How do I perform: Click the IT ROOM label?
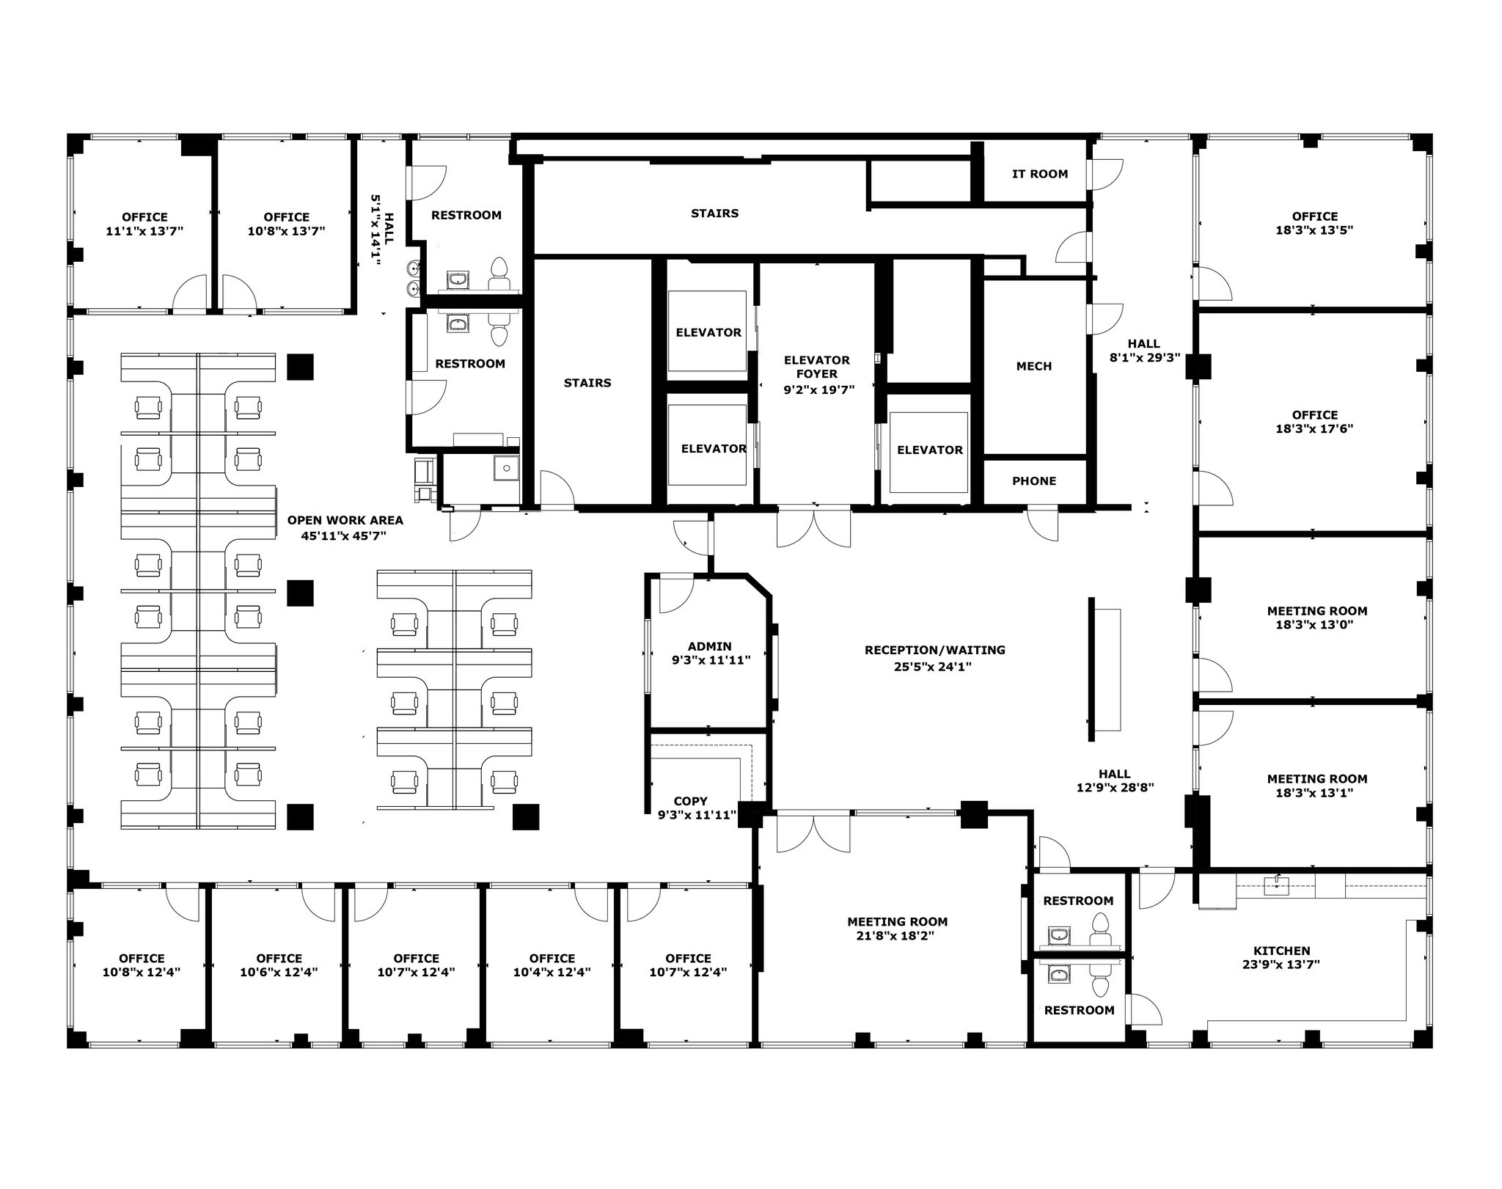point(1039,174)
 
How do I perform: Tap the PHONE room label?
point(1034,481)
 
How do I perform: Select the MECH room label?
point(1034,366)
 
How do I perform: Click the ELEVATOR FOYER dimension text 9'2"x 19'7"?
point(818,389)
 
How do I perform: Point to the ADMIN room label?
point(709,646)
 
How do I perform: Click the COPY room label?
point(690,801)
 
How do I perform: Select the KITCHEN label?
point(1281,951)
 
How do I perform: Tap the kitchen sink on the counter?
point(1277,885)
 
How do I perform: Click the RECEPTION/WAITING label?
point(934,650)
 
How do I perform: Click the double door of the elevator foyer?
point(814,528)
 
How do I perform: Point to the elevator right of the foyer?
point(929,450)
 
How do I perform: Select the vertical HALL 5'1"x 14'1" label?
point(383,229)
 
